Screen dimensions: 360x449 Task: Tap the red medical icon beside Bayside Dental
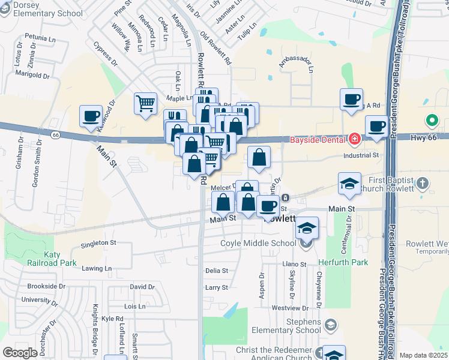tap(354, 140)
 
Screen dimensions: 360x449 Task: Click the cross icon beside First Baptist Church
tap(423, 182)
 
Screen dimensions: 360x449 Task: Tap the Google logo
tap(20, 353)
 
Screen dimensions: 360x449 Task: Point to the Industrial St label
tap(361, 155)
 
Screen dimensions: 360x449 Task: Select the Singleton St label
tap(98, 243)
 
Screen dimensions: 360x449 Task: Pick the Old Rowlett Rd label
tap(216, 49)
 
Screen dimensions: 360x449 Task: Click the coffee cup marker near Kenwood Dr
tap(91, 116)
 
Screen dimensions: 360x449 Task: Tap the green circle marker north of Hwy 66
tap(431, 121)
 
